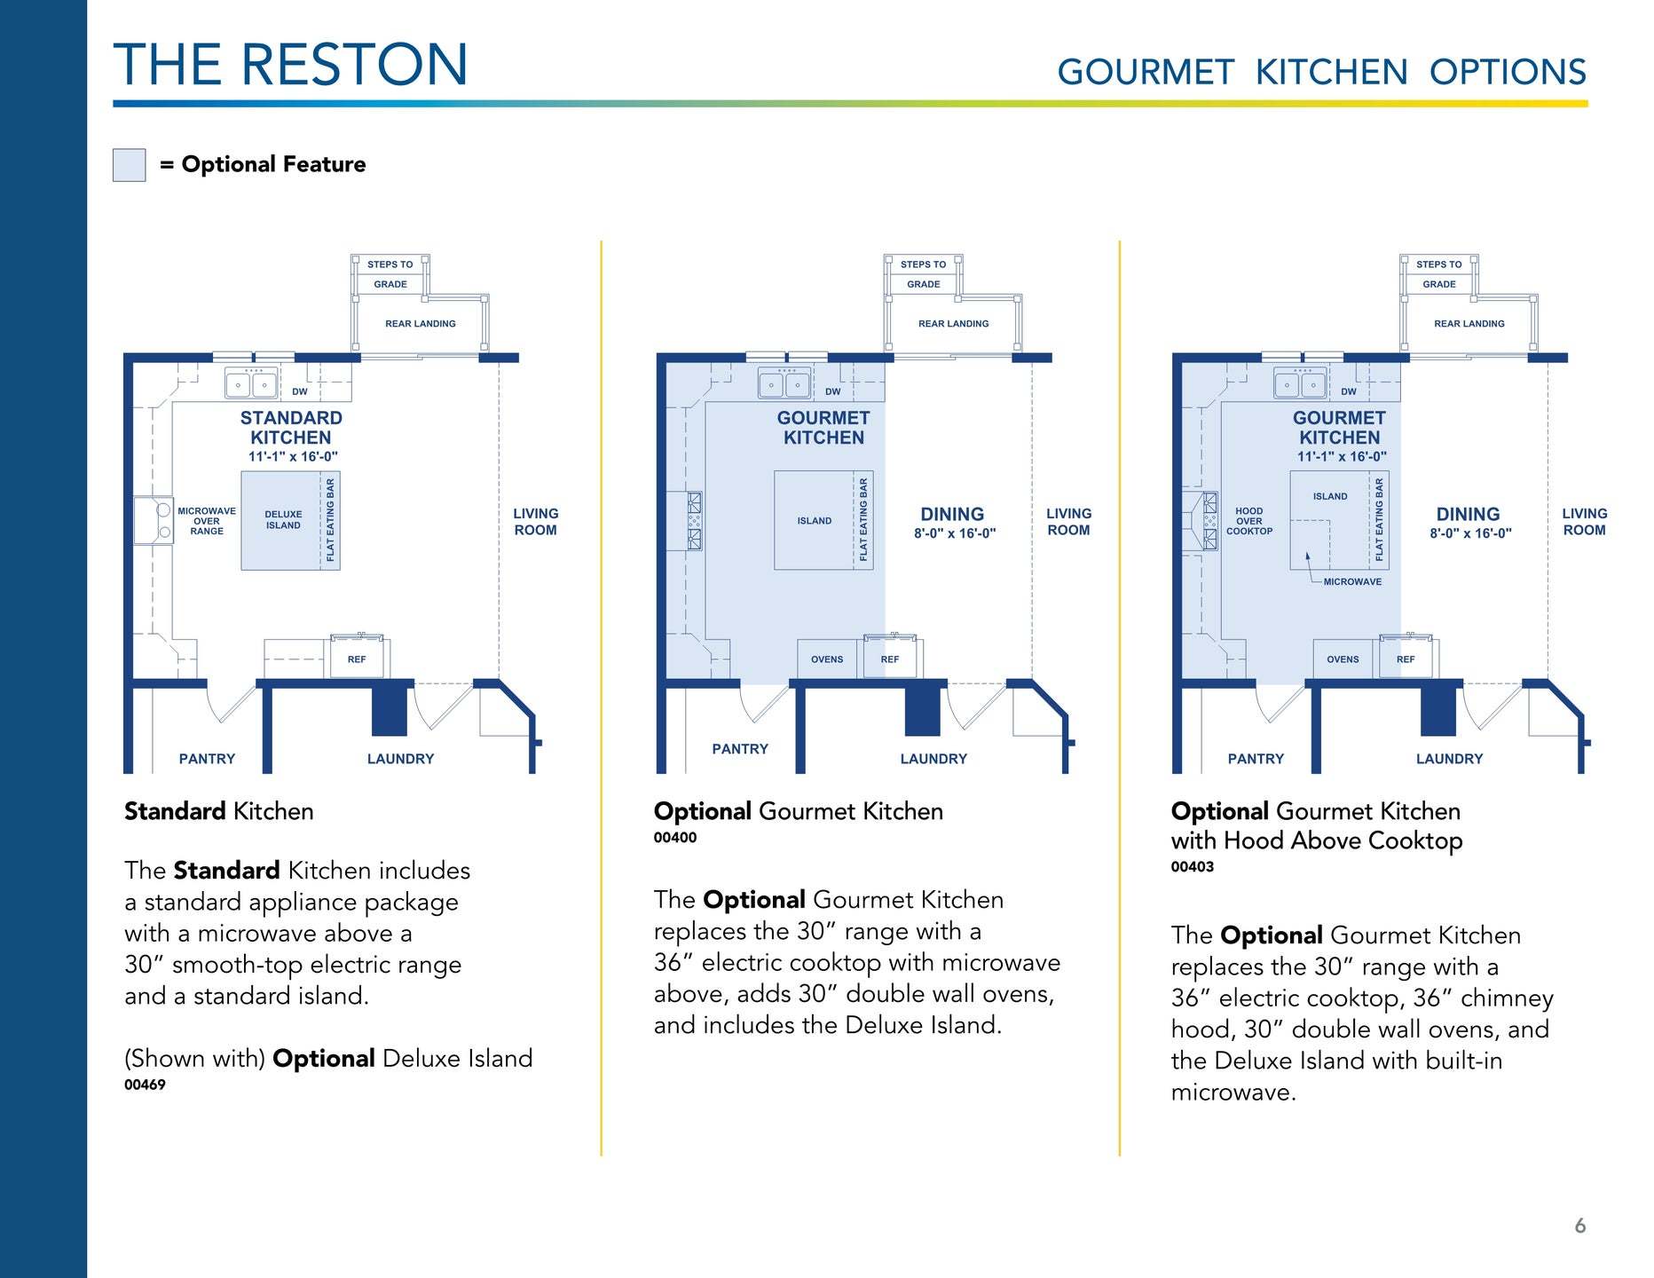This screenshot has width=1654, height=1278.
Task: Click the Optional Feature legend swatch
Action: pyautogui.click(x=129, y=165)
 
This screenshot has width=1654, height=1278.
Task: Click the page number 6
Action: pyautogui.click(x=1579, y=1226)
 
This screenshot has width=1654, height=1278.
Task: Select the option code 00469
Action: pyautogui.click(x=145, y=1085)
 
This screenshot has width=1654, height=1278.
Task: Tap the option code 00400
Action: pyautogui.click(x=674, y=838)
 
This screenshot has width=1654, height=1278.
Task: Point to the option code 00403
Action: pyautogui.click(x=1192, y=867)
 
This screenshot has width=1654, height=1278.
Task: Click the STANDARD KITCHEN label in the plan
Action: pyautogui.click(x=291, y=428)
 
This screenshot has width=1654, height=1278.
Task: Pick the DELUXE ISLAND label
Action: pyautogui.click(x=283, y=520)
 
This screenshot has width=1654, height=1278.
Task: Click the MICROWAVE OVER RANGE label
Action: pyautogui.click(x=207, y=521)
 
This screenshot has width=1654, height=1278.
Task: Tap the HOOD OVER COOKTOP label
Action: pyautogui.click(x=1248, y=522)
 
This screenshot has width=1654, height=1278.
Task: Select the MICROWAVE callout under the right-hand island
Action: pyautogui.click(x=1351, y=582)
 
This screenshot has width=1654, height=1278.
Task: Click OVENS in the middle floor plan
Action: pyautogui.click(x=827, y=659)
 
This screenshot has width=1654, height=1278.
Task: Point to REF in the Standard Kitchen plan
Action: pyautogui.click(x=357, y=659)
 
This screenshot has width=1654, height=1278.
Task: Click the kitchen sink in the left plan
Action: pyautogui.click(x=251, y=384)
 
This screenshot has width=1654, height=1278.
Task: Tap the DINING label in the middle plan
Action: pyautogui.click(x=952, y=515)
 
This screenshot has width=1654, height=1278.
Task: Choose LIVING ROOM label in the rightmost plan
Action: pyautogui.click(x=1584, y=522)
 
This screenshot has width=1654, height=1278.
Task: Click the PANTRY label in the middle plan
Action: pyautogui.click(x=740, y=749)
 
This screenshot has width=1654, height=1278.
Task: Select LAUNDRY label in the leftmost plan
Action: pyautogui.click(x=400, y=759)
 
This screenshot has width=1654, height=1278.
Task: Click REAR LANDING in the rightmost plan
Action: pyautogui.click(x=1469, y=324)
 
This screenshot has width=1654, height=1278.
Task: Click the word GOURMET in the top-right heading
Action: pyautogui.click(x=1146, y=73)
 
